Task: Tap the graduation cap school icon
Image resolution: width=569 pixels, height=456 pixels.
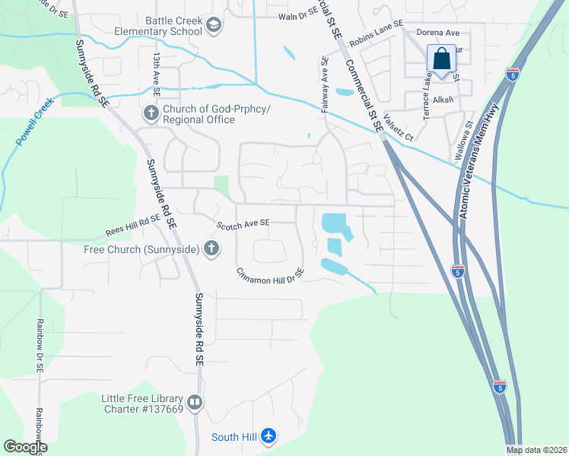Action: [x=215, y=27]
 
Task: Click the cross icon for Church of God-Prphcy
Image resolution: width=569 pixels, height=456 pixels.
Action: [x=150, y=114]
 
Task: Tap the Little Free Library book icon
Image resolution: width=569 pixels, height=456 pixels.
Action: [x=195, y=402]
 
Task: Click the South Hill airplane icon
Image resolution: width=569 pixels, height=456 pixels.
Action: [x=267, y=436]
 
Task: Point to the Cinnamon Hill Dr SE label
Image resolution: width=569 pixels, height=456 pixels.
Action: [x=270, y=273]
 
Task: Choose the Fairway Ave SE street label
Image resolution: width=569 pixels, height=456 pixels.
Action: [x=325, y=85]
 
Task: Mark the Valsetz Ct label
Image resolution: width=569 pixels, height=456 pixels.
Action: [x=398, y=127]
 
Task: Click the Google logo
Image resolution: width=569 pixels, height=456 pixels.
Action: [x=25, y=447]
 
